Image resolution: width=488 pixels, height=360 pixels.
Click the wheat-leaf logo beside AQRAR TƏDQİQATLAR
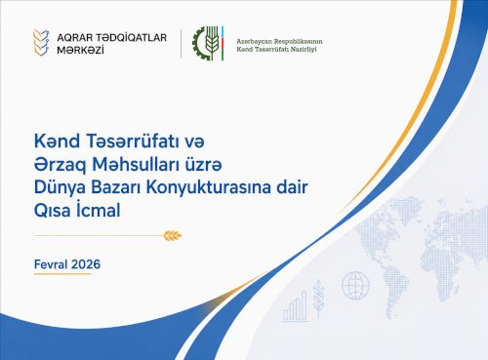pyautogui.click(x=41, y=42)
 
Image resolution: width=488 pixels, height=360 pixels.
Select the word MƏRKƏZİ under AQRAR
pyautogui.click(x=80, y=50)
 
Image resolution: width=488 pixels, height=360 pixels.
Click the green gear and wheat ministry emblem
pyautogui.click(x=208, y=43)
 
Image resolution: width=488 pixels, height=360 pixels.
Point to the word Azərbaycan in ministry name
pyautogui.click(x=254, y=42)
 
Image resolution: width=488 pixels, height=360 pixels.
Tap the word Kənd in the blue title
pyautogui.click(x=57, y=141)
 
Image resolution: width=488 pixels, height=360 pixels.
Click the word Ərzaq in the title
pyautogui.click(x=61, y=165)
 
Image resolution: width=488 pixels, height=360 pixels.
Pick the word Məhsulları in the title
pyautogui.click(x=136, y=164)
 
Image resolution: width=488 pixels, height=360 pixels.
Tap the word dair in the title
pyautogui.click(x=292, y=187)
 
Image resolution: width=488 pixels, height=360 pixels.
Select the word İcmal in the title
pyautogui.click(x=99, y=210)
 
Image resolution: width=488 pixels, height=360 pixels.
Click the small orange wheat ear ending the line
pyautogui.click(x=173, y=235)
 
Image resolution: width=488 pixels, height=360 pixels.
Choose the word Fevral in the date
pyautogui.click(x=51, y=264)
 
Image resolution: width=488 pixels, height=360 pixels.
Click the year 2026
pyautogui.click(x=86, y=264)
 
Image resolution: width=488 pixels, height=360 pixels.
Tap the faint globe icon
pyautogui.click(x=355, y=286)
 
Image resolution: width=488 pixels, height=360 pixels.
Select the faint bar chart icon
pyautogui.click(x=295, y=306)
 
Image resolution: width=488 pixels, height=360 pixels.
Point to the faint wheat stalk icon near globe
pyautogui.click(x=318, y=298)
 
